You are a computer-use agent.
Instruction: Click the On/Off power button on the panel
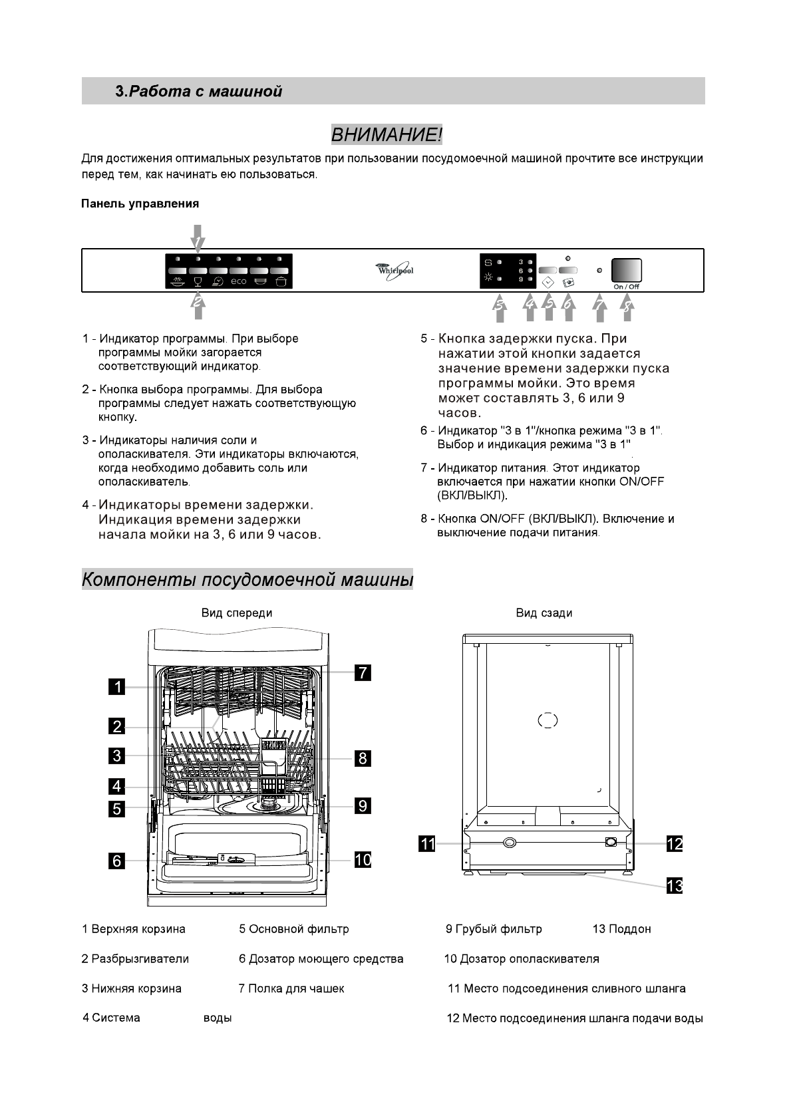tap(627, 270)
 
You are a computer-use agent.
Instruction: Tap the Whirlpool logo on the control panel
tap(395, 270)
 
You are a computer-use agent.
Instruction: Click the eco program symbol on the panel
tap(238, 281)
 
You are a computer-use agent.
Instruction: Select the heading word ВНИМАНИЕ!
tap(387, 135)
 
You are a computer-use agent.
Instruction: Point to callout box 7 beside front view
tap(362, 672)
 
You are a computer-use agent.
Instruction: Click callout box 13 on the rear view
tap(675, 886)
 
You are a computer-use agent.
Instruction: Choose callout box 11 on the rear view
tap(426, 844)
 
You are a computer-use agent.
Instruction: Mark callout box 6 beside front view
tap(117, 861)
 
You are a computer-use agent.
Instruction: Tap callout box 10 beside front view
tap(363, 859)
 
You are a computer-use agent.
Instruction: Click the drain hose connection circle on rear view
tap(510, 843)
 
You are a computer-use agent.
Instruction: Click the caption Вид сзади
tap(544, 613)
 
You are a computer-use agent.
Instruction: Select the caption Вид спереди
tap(237, 613)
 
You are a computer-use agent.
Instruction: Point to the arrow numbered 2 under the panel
tap(198, 304)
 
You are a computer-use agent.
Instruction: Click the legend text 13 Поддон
tap(621, 929)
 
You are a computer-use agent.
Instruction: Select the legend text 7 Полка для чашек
tap(291, 988)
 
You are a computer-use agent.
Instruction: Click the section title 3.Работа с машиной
tap(199, 91)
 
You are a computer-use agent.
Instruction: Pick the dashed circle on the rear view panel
tap(548, 720)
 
